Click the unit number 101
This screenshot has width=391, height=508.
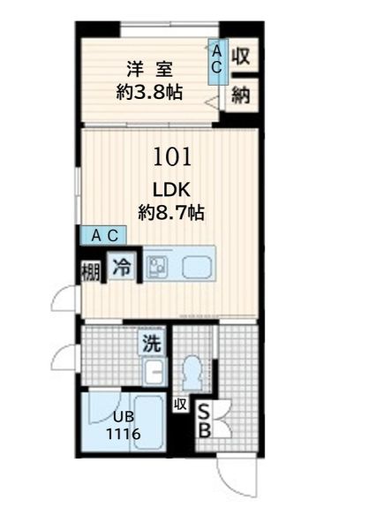coord(172,156)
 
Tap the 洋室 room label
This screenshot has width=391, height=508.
coord(149,69)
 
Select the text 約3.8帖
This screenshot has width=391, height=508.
coord(149,92)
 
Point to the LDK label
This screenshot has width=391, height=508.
coord(171,190)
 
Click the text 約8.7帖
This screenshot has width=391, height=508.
coord(171,213)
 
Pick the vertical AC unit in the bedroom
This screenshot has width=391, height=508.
coord(218,62)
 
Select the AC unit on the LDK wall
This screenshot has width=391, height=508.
coord(103,235)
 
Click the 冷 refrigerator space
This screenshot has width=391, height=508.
coord(122,266)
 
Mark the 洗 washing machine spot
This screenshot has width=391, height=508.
coord(152,343)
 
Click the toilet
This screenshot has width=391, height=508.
coord(192,373)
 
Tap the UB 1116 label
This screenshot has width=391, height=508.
coord(124,425)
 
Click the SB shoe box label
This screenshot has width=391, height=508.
coord(204,421)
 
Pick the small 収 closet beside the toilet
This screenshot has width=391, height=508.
coord(180,404)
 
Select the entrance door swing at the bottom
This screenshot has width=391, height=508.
coord(237,479)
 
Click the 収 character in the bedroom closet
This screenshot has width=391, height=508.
coord(241,56)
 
